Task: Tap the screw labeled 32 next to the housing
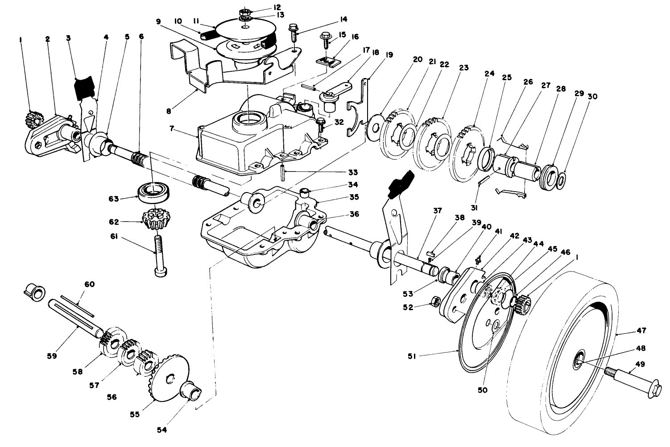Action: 320,124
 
